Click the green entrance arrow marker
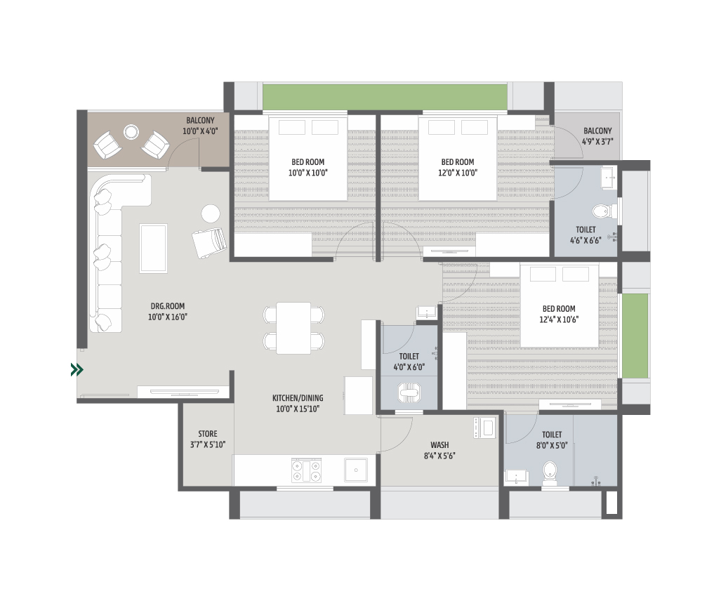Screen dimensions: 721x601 [77, 370]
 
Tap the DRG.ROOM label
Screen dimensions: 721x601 [167, 306]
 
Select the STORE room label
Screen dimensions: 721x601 [207, 434]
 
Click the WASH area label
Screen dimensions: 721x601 [439, 445]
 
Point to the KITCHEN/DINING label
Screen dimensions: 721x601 [298, 398]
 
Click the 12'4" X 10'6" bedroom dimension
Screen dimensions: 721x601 [559, 320]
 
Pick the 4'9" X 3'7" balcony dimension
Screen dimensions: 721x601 [597, 142]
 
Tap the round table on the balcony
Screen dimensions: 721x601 [131, 133]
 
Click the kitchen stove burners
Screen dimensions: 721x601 [306, 471]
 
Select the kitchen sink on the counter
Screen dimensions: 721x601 [356, 470]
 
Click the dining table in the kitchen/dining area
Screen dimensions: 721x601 [293, 328]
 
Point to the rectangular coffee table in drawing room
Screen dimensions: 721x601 [154, 249]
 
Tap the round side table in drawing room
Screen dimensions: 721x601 [211, 213]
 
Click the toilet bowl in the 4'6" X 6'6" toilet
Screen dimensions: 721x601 [600, 212]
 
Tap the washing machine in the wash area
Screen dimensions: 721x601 [484, 428]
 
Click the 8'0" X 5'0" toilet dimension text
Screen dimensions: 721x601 [552, 446]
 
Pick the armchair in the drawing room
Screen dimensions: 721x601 [209, 243]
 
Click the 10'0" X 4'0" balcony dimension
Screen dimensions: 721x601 [200, 131]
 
